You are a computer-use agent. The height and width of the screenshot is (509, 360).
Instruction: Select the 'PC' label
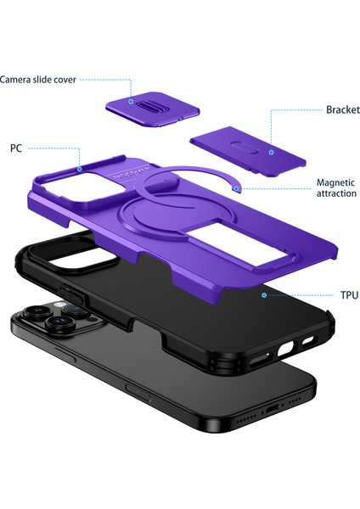pyautogui.click(x=16, y=148)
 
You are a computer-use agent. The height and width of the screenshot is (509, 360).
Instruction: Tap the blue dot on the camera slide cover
pyautogui.click(x=132, y=101)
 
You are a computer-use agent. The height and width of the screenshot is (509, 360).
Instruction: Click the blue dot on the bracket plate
pyautogui.click(x=270, y=153)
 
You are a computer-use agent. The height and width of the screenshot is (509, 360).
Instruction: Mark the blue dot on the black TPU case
pyautogui.click(x=264, y=295)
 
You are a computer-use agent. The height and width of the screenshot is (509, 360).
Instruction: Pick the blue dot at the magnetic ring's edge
pyautogui.click(x=241, y=188)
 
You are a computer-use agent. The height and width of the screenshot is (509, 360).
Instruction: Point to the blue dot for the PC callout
pyautogui.click(x=79, y=169)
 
